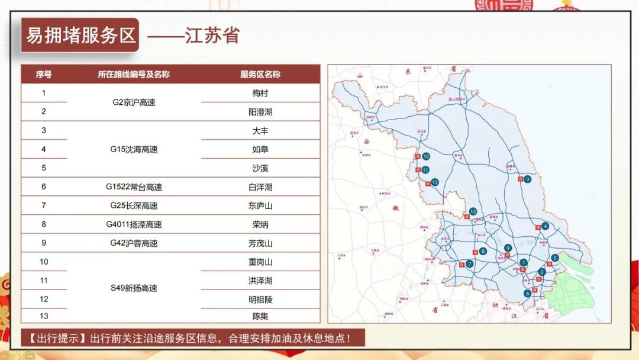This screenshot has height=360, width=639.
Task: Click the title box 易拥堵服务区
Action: [x=80, y=36]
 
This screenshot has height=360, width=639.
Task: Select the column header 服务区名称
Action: [x=260, y=75]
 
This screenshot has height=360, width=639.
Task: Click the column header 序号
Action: [x=44, y=75]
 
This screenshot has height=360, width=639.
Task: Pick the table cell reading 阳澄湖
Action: [x=260, y=111]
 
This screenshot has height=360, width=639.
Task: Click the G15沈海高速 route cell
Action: [x=134, y=149]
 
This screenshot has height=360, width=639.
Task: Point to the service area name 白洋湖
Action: [x=260, y=187]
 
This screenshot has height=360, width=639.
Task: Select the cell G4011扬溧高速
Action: [x=134, y=224]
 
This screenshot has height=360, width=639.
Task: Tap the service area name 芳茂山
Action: [x=260, y=243]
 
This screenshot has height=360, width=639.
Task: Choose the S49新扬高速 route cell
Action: [x=134, y=288]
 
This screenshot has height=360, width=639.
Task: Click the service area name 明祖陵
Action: [x=260, y=300]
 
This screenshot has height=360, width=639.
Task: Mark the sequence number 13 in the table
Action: [x=44, y=316]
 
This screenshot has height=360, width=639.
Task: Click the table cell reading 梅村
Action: [x=260, y=93]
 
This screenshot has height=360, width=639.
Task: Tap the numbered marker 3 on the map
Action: [x=527, y=179]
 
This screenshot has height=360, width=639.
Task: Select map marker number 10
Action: [x=425, y=157]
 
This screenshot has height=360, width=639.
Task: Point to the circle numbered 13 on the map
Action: [x=473, y=211]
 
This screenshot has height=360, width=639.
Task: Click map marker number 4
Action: [x=545, y=226]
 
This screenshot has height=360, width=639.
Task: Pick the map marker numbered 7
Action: [x=469, y=263]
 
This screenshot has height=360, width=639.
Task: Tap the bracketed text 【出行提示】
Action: [x=54, y=339]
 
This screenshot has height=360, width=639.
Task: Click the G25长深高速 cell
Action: [x=134, y=205]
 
